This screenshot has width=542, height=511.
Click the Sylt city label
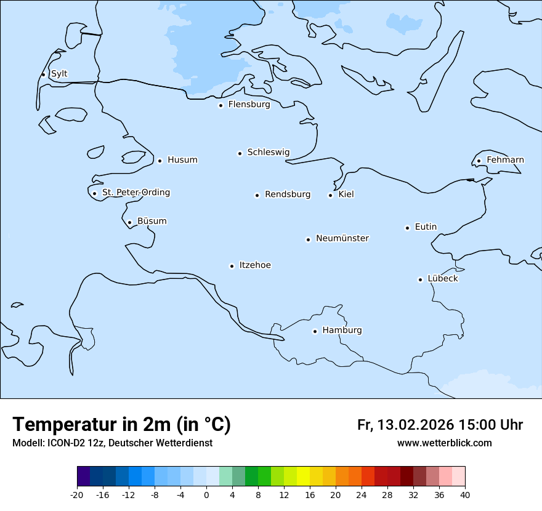coord(59,74)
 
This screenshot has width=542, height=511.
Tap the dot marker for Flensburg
coord(220,105)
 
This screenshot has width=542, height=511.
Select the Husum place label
coord(182,160)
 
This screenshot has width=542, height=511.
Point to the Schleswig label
coord(268,152)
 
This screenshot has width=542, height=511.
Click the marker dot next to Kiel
coord(330,195)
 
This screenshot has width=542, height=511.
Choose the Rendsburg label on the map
coord(288,195)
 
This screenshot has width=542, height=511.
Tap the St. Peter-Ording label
coord(135,193)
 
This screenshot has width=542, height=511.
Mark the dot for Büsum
coord(129,222)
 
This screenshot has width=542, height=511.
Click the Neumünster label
coord(342,238)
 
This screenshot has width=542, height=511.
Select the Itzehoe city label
coord(255,265)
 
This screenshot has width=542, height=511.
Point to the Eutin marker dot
coord(407,228)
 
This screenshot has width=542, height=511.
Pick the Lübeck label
coord(443,278)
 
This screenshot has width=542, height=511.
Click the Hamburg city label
coord(342,330)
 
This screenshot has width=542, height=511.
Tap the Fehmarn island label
coord(505,160)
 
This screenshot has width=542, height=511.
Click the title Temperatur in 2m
coord(121,424)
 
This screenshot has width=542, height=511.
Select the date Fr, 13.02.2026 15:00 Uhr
coord(440,425)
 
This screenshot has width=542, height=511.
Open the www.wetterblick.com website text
coord(444,443)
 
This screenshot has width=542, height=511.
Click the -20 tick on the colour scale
coord(77,494)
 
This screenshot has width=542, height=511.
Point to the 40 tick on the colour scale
coord(464,494)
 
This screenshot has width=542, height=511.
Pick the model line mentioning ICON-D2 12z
coord(112,443)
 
